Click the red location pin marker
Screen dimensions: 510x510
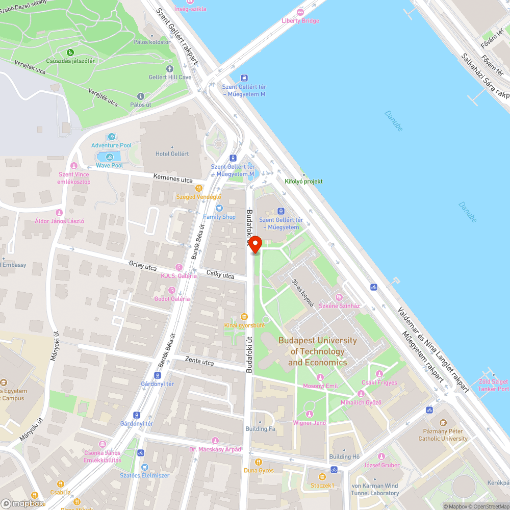[254, 245]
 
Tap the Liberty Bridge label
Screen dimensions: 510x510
[300, 21]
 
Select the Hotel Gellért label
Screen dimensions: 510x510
[172, 154]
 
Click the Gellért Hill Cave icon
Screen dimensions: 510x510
[170, 68]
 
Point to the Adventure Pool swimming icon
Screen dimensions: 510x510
[112, 137]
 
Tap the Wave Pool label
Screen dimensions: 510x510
[109, 166]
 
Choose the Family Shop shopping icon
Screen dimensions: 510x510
[219, 208]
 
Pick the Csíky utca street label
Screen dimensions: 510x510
[220, 275]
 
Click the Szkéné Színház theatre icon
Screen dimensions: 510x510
[339, 297]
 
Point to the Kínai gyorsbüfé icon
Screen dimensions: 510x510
[244, 317]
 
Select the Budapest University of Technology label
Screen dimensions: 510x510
[317, 351]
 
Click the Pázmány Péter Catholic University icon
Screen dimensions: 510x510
[443, 423]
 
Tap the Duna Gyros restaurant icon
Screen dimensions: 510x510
[258, 462]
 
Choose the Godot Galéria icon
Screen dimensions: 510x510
[172, 290]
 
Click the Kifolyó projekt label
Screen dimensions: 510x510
[303, 181]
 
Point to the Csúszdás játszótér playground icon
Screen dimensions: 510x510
[70, 52]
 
